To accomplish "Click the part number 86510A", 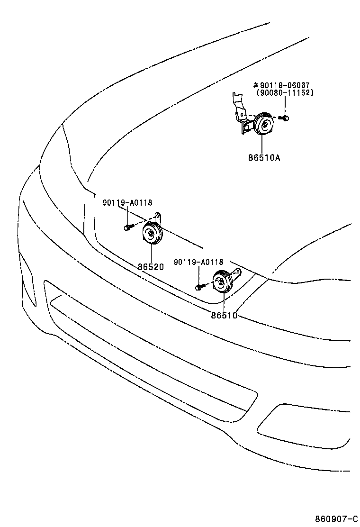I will pyautogui.click(x=264, y=157).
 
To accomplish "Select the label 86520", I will pyautogui.click(x=151, y=267).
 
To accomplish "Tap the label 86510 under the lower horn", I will pyautogui.click(x=224, y=315).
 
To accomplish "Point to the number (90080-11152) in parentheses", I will pyautogui.click(x=285, y=93).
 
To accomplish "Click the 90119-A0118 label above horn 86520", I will pyautogui.click(x=127, y=203).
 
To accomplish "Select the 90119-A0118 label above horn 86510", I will pyautogui.click(x=198, y=262).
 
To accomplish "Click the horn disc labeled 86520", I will pyautogui.click(x=152, y=234).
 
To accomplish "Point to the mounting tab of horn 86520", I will pyautogui.click(x=160, y=218).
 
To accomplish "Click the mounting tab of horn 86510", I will pyautogui.click(x=237, y=273).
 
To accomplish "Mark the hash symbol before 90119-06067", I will pyautogui.click(x=256, y=85).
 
